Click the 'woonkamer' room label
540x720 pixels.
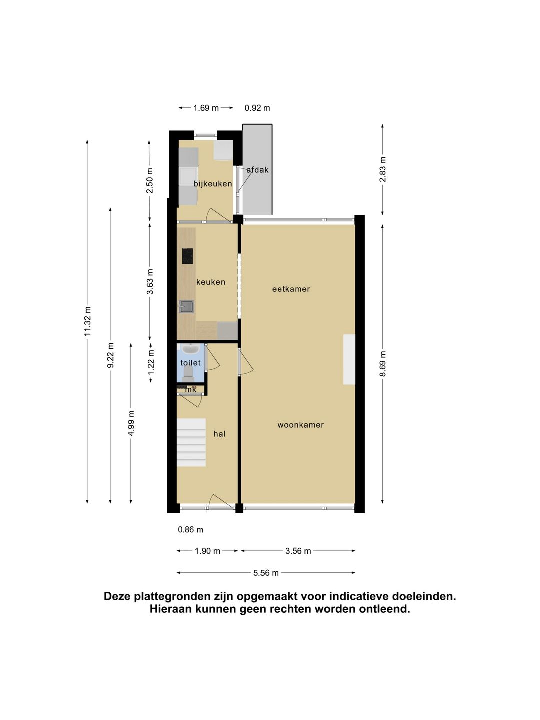(x=300, y=425)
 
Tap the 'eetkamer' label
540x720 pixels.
(x=291, y=289)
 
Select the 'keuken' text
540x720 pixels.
(x=210, y=282)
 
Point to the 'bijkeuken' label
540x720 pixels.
(x=213, y=184)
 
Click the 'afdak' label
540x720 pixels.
(x=257, y=170)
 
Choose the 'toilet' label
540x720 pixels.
(x=190, y=363)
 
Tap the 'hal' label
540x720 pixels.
(x=219, y=434)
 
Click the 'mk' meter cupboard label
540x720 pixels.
(x=191, y=389)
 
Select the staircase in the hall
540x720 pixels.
(x=191, y=442)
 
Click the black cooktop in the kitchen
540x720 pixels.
(x=187, y=256)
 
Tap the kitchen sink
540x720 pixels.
(x=187, y=306)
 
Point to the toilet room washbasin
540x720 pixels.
(x=190, y=349)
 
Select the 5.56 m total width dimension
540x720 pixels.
(x=266, y=573)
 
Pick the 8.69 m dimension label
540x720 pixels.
(x=383, y=363)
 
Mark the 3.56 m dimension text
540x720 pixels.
(x=298, y=551)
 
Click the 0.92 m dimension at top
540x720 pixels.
(x=257, y=108)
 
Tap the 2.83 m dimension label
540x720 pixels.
(x=383, y=169)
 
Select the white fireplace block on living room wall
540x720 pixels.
(x=349, y=359)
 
